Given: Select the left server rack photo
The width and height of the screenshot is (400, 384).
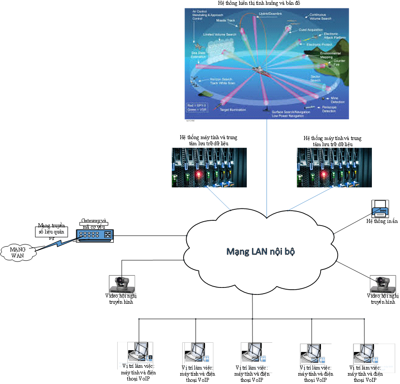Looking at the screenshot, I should point(209,168).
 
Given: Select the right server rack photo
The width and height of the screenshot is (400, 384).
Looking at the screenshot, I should point(334,168).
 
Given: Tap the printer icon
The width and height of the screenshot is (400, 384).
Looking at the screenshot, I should point(380,209).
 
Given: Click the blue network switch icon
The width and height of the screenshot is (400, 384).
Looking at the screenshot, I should point(95,236).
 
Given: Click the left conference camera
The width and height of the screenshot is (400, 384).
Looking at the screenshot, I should point(122,284).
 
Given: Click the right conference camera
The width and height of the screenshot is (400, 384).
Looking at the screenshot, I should point(382,284).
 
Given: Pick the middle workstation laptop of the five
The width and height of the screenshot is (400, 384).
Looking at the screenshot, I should point(255,352).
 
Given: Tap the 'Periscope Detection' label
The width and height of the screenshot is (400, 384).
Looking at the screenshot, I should point(329,109).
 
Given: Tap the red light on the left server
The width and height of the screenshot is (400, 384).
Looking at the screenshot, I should point(198,174).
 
